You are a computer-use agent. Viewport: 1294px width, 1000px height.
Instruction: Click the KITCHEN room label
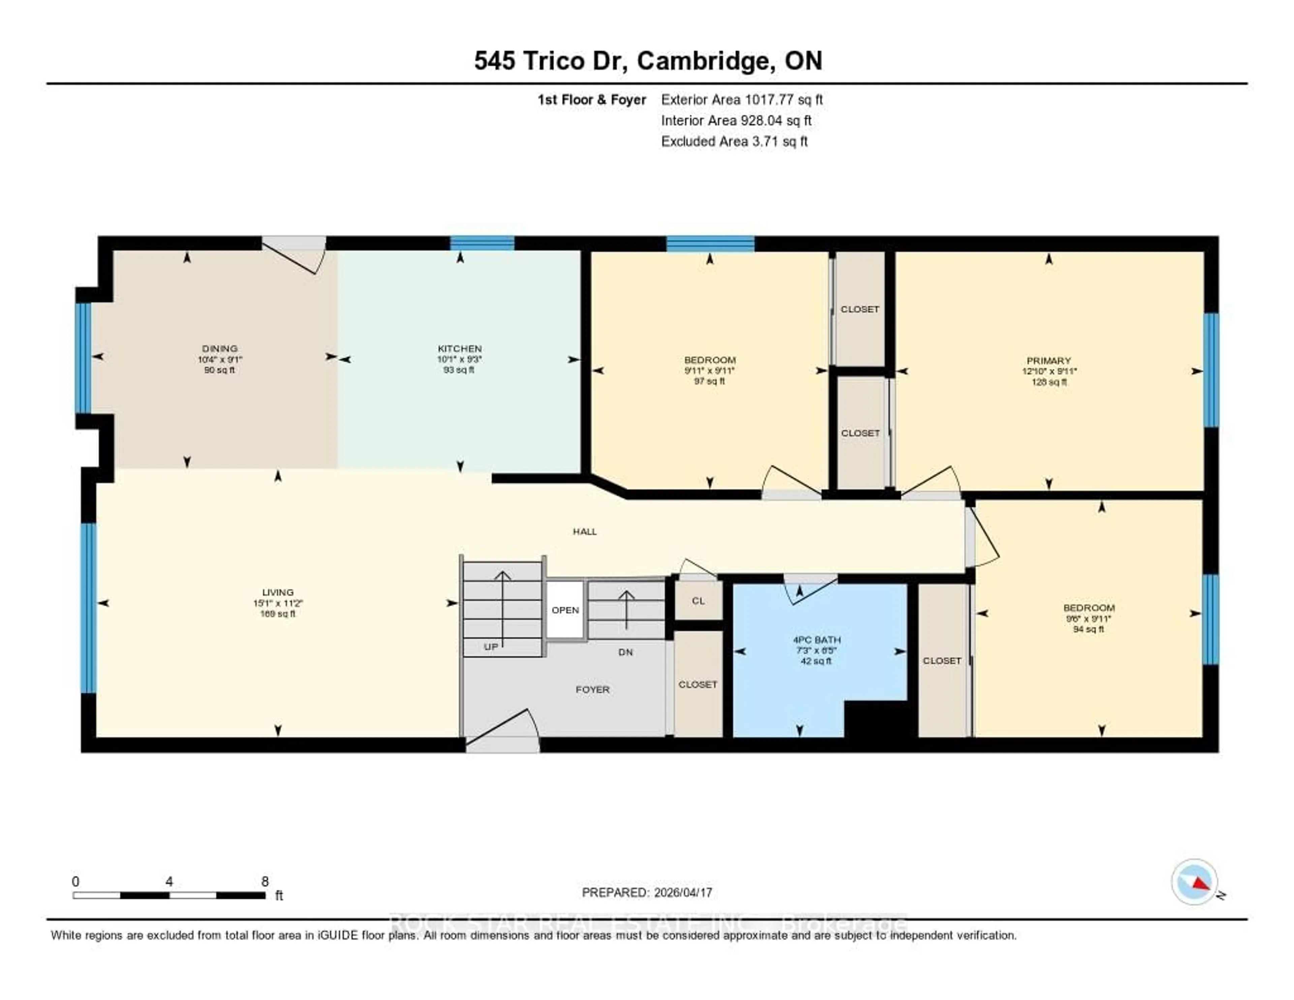click(x=459, y=349)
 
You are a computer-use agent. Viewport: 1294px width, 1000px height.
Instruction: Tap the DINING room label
click(x=219, y=349)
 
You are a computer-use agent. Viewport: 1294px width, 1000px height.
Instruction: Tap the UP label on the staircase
click(x=491, y=647)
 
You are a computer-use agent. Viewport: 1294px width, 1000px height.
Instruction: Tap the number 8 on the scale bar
click(x=265, y=881)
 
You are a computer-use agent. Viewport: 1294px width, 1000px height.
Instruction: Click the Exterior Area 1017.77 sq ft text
click(x=741, y=99)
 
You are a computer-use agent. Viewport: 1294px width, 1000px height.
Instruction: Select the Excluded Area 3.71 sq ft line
click(x=734, y=141)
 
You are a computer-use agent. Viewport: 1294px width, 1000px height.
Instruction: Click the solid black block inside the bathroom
click(x=875, y=719)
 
